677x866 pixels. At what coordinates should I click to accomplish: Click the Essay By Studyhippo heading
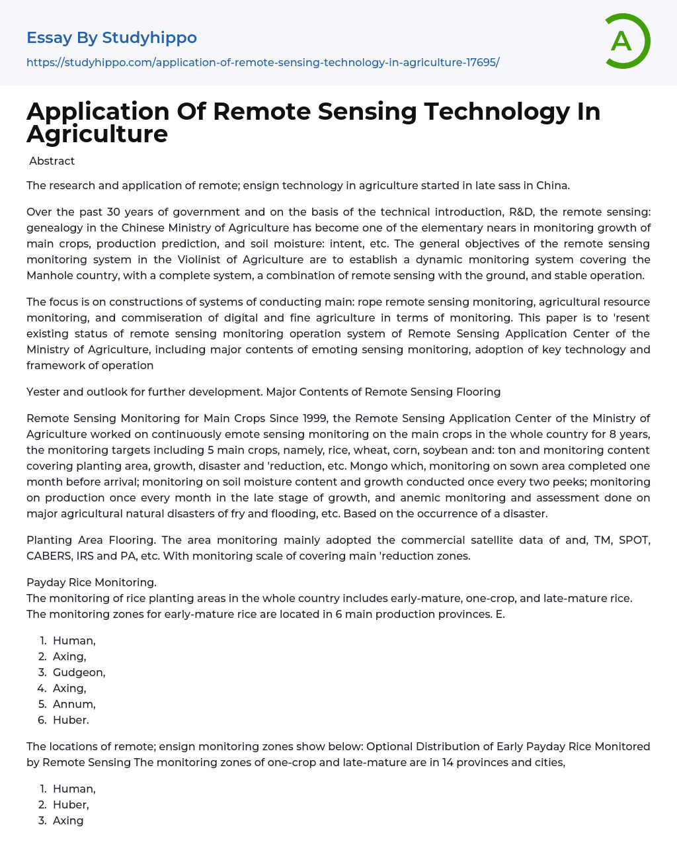tap(112, 38)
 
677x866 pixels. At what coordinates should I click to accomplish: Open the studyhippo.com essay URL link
tap(262, 62)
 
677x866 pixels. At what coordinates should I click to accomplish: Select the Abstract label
tap(52, 161)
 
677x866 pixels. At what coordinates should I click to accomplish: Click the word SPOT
tap(633, 540)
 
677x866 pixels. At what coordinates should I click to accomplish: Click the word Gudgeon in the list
tap(79, 672)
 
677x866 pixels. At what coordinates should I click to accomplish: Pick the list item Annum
tap(74, 704)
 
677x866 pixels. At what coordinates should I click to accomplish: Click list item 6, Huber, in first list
tap(71, 720)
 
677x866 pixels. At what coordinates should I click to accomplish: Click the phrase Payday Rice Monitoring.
tap(91, 582)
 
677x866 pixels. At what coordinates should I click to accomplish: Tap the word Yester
tap(44, 392)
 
